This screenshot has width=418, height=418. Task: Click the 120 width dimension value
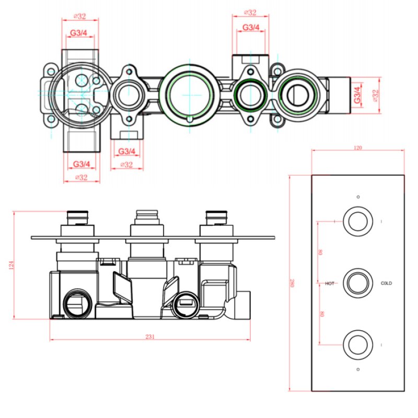(358, 148)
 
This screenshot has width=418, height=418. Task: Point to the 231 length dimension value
(150, 336)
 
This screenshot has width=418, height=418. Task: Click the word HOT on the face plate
(330, 283)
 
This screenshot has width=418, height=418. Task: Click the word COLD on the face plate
(386, 283)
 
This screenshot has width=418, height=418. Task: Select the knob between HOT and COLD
(357, 282)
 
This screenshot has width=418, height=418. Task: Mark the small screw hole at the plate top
(357, 197)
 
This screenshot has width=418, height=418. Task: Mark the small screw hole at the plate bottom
(357, 370)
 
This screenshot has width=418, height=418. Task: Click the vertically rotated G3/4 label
(357, 96)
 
